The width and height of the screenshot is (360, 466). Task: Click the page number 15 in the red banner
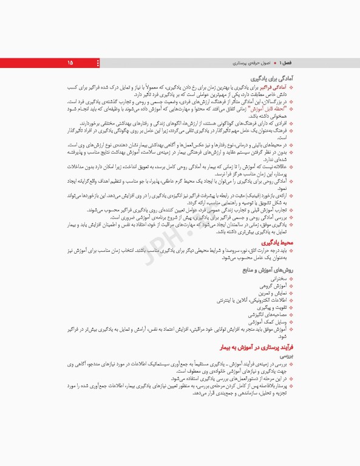click(x=70, y=62)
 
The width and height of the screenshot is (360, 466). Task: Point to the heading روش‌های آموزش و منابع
click(x=267, y=269)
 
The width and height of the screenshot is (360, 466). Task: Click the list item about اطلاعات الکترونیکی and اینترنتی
click(x=251, y=300)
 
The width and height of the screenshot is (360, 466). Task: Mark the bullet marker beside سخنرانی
click(x=291, y=278)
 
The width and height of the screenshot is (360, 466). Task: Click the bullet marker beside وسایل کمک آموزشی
click(x=291, y=322)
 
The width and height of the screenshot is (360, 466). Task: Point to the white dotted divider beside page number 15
click(x=98, y=62)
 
